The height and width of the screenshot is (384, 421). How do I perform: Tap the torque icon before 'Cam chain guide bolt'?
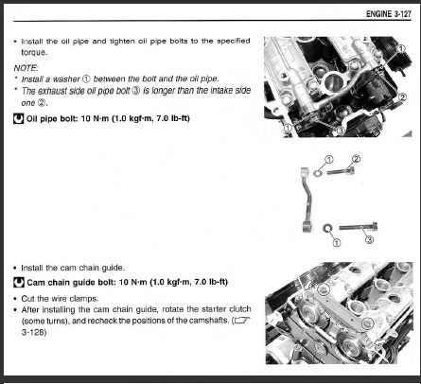pyautogui.click(x=19, y=283)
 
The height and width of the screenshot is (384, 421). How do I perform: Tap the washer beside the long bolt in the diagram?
pyautogui.click(x=327, y=227)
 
